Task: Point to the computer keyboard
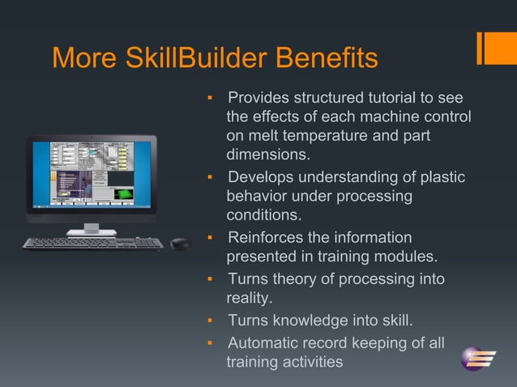pyautogui.click(x=92, y=243)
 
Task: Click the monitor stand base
pyautogui.click(x=92, y=232)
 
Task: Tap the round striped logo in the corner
pyautogui.click(x=477, y=356)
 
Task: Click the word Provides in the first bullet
pyautogui.click(x=260, y=98)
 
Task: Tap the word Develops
pyautogui.click(x=262, y=177)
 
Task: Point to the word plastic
pyautogui.click(x=442, y=177)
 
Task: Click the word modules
pyautogui.click(x=408, y=257)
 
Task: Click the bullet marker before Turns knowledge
pyautogui.click(x=209, y=321)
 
